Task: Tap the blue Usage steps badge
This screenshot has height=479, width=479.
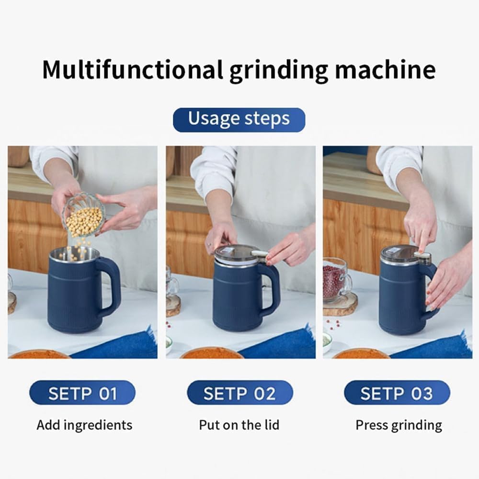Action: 239,119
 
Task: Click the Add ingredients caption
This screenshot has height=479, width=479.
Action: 84,424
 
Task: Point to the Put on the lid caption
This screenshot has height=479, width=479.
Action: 239,424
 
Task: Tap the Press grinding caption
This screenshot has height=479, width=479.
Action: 399,425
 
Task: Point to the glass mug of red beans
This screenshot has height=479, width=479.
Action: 336,280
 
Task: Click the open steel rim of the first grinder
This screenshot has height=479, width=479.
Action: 74,254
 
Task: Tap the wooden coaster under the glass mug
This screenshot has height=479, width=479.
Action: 341,305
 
